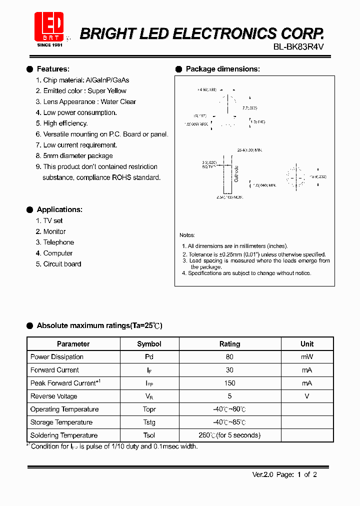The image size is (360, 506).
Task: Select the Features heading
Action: coord(53,69)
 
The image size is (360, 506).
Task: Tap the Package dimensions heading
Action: coord(222,69)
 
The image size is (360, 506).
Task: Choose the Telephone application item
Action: coord(58,242)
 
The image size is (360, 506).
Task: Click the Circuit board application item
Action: coord(62,264)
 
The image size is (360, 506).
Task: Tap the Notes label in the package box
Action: coord(187,235)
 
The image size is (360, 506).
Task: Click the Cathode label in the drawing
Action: coord(236,173)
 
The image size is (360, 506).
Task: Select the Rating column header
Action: coord(229,344)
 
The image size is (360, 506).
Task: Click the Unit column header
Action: coord(307,344)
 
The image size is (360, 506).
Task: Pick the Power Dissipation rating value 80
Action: coord(229,357)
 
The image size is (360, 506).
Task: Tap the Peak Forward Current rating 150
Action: coord(229,383)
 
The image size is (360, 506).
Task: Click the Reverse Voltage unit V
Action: coord(307,396)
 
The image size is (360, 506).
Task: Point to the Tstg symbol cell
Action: coord(149,422)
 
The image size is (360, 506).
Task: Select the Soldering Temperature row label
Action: coord(64,435)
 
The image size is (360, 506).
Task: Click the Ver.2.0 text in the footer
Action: coord(262,474)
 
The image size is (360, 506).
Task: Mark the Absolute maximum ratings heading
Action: coord(99,325)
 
